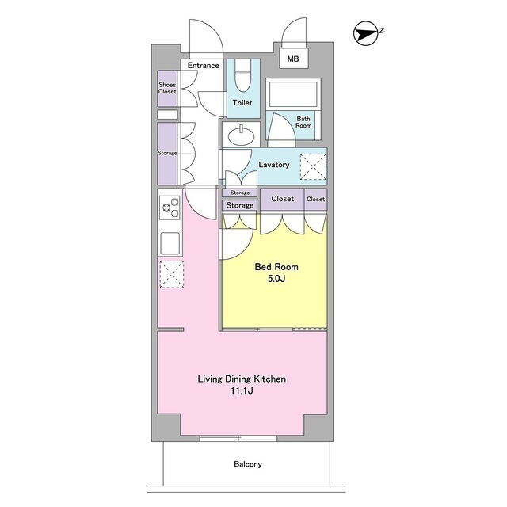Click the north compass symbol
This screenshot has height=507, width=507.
tap(366, 33)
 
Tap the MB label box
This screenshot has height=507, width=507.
tap(294, 59)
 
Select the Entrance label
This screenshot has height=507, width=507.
tap(203, 65)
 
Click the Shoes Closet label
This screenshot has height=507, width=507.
tap(167, 88)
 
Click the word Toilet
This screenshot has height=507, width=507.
tap(242, 103)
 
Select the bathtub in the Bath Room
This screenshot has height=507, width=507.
tap(293, 94)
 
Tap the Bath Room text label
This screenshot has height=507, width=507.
tap(303, 122)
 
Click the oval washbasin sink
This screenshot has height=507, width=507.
tap(241, 135)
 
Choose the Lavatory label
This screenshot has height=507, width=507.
tap(274, 165)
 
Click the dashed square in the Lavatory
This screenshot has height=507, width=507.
tap(314, 167)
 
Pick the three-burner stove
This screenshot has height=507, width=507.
tap(170, 208)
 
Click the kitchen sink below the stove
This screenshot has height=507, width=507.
tap(170, 243)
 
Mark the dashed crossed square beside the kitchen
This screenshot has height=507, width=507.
tap(172, 274)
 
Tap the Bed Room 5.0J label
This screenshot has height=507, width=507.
tap(276, 273)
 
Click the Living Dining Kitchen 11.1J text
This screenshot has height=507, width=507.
tap(242, 385)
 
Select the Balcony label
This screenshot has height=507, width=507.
tap(248, 464)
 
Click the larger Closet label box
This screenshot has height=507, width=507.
tap(282, 199)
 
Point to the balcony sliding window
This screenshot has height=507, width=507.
tap(238, 438)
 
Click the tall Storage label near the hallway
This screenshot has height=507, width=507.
tap(167, 153)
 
